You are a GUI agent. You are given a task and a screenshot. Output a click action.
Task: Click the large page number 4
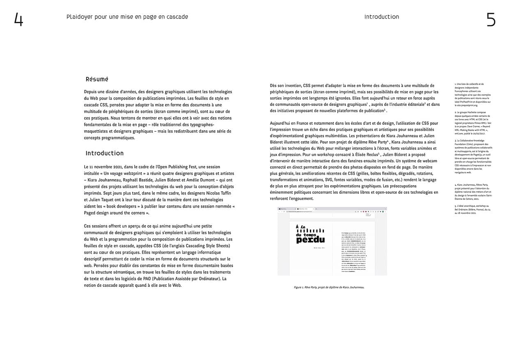[x=18, y=19]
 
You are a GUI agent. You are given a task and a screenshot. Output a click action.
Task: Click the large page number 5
[x=491, y=19]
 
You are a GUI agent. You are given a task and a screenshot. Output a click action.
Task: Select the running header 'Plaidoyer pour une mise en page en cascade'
[x=127, y=17]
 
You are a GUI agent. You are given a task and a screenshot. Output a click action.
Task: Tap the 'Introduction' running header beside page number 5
[x=381, y=17]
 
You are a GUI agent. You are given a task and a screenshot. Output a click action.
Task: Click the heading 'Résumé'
[x=97, y=79]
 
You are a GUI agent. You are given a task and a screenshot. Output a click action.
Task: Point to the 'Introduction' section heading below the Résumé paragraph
[x=104, y=153]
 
